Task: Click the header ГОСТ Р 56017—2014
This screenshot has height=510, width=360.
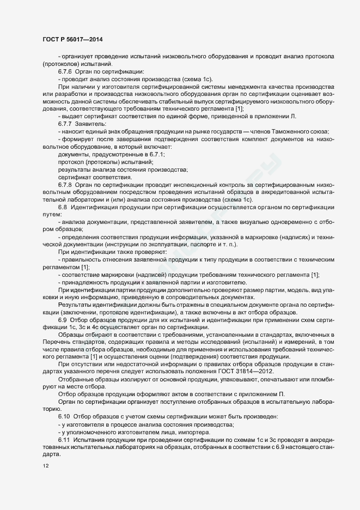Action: pos(72,39)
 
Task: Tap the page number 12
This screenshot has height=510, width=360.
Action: pos(45,466)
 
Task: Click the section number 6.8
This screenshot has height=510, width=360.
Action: pos(63,208)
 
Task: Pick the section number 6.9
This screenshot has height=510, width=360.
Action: pos(63,319)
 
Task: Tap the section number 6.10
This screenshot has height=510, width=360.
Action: pos(65,416)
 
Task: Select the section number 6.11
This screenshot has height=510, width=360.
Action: pos(65,439)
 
